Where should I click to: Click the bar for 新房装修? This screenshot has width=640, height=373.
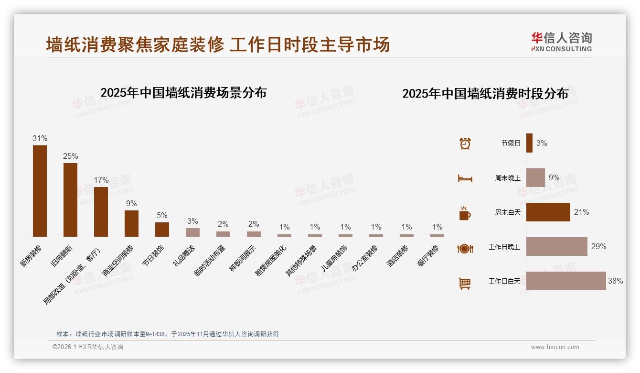40,191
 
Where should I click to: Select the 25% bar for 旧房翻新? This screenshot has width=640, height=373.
70,200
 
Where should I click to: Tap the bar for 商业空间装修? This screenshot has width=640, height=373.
131,223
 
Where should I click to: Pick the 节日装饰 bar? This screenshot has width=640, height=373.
162,230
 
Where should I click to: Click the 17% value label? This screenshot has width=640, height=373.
101,180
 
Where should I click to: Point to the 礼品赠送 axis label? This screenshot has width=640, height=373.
184,256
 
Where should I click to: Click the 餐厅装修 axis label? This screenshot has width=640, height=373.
428,256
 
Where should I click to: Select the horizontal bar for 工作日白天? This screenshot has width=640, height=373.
566,281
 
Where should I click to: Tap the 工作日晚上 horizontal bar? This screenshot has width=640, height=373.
557,247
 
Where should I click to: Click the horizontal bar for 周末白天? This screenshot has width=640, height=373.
548,212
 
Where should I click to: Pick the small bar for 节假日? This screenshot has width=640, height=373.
529,143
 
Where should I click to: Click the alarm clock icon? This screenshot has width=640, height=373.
465,143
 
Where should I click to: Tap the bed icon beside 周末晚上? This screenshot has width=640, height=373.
465,178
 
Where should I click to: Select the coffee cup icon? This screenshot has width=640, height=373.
465,213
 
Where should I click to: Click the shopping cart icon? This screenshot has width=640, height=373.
465,283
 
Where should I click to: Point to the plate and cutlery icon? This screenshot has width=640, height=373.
465,248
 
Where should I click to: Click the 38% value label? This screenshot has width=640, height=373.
615,281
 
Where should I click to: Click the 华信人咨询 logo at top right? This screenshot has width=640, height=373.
561,42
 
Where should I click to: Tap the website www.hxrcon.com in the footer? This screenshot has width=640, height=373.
555,347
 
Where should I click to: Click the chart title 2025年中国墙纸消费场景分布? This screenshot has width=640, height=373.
183,93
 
